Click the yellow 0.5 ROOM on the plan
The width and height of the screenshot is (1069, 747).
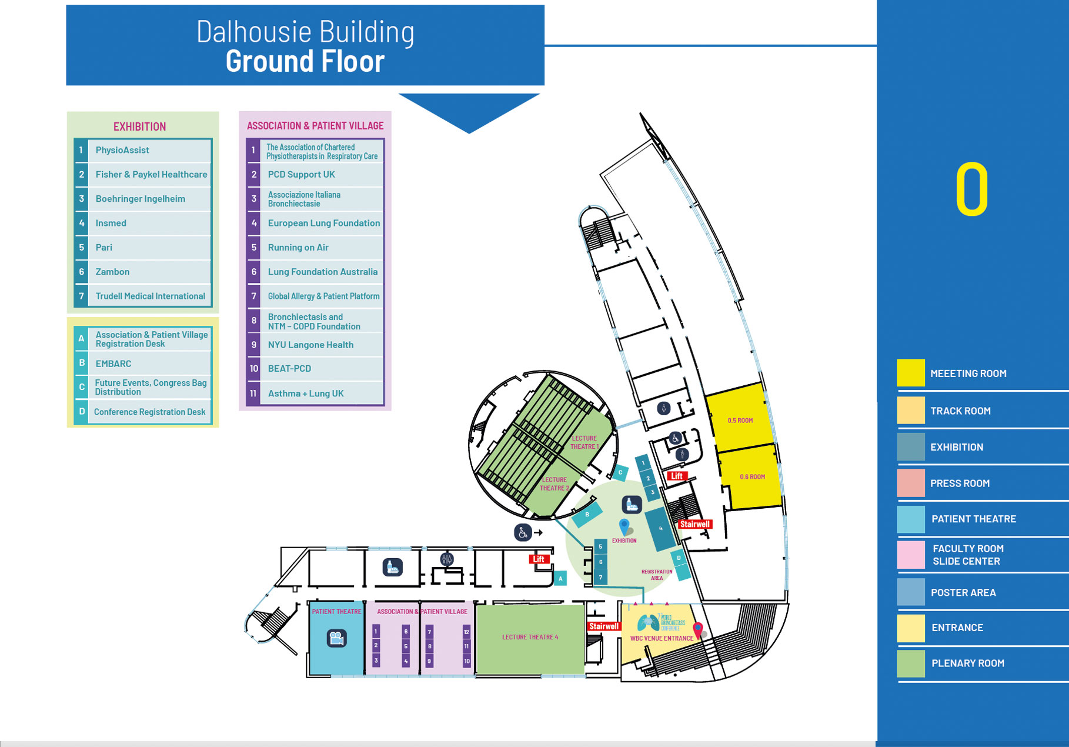740,420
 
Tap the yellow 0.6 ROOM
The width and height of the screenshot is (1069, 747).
752,476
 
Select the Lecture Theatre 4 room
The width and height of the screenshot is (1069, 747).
530,638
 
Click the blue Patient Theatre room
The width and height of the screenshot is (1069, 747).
336,638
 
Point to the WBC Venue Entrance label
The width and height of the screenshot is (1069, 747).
662,638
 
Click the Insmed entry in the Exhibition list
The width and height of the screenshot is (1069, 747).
111,223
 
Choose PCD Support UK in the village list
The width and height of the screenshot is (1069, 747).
301,174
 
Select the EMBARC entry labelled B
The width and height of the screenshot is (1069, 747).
113,364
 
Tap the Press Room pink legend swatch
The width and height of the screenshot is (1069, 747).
910,483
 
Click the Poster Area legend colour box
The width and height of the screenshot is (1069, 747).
910,592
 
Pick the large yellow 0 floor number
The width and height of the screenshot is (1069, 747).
971,190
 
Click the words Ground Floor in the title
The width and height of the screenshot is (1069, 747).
305,61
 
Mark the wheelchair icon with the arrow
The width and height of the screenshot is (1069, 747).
523,532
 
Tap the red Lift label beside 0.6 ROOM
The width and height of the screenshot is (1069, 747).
677,476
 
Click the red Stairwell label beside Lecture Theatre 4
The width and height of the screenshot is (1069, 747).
604,626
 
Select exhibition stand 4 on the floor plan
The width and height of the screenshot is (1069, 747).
660,529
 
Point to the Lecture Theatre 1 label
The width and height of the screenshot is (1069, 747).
584,442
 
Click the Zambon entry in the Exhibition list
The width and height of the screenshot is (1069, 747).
112,272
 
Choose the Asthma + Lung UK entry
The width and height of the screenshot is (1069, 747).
306,393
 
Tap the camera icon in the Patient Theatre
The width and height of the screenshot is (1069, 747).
336,638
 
